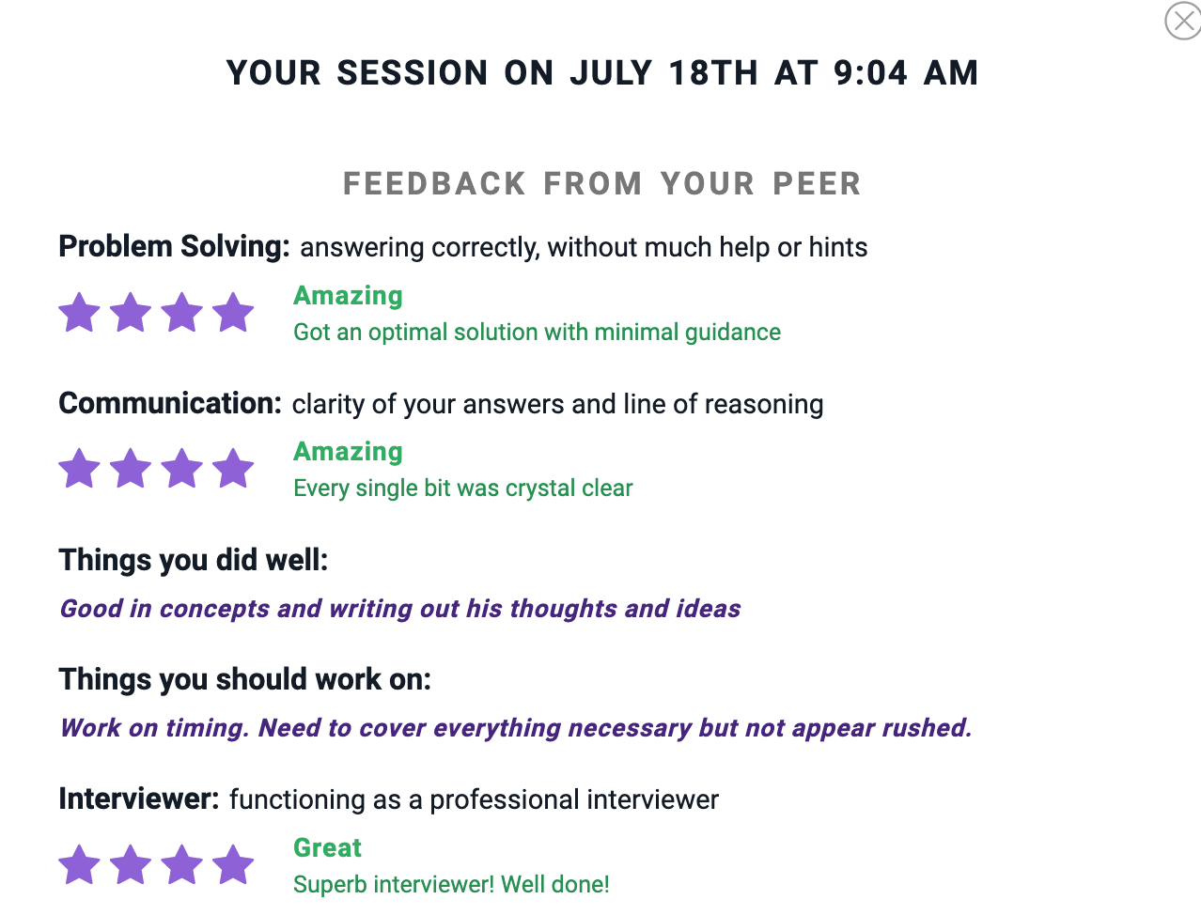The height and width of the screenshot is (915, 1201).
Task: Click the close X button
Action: [1183, 21]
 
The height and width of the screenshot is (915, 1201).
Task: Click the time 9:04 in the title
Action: [870, 72]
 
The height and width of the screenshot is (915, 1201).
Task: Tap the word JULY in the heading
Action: [611, 72]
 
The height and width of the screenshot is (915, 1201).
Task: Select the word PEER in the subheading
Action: [817, 183]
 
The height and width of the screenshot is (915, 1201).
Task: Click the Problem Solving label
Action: [174, 247]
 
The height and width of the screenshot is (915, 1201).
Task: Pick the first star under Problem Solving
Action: [79, 312]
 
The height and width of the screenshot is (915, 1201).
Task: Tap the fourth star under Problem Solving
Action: [233, 312]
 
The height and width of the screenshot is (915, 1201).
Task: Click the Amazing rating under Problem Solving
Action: [348, 297]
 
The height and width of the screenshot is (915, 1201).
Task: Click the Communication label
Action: [170, 403]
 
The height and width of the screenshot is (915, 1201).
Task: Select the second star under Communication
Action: [131, 468]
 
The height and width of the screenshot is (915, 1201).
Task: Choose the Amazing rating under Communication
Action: [348, 452]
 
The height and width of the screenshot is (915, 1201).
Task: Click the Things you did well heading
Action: [194, 560]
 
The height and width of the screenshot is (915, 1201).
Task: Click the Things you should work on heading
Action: [244, 679]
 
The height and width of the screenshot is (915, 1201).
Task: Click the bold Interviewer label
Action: [139, 799]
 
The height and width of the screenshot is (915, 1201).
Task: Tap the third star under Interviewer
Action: [181, 864]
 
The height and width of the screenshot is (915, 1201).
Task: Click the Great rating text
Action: [327, 848]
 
